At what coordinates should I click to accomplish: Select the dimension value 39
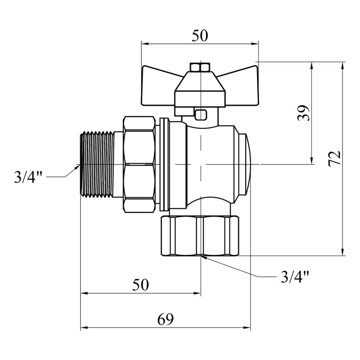[x=304, y=113]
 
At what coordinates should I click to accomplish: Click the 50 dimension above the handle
[x=200, y=36]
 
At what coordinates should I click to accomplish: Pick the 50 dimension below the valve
[x=141, y=285]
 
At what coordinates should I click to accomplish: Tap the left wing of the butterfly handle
[x=158, y=87]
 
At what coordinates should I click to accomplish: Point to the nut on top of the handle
[x=200, y=67]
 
